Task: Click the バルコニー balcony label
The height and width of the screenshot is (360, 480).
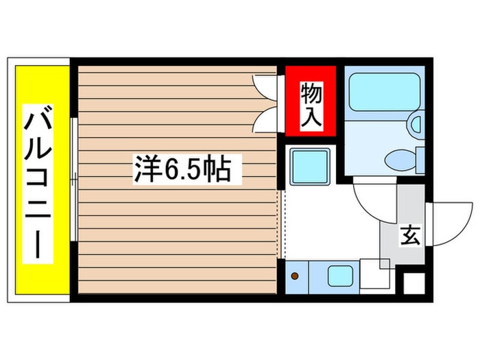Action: (x=38, y=182)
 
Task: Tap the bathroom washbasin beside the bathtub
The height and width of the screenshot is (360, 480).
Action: (x=416, y=125)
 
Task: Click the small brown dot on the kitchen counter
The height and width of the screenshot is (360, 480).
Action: (x=296, y=276)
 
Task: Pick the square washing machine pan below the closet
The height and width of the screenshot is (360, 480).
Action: (x=309, y=166)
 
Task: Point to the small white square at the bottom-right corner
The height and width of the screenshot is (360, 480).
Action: (x=414, y=284)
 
